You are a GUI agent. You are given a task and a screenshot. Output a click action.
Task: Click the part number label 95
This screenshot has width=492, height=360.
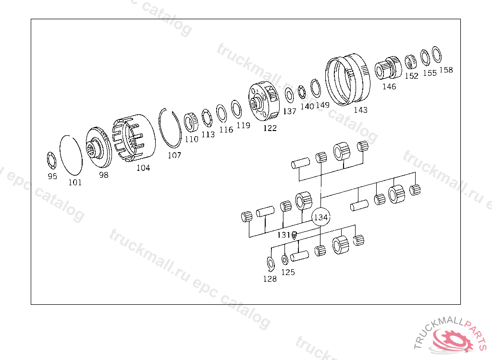tap(52, 176)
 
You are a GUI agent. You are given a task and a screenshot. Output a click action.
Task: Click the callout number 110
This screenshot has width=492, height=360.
tap(191, 139)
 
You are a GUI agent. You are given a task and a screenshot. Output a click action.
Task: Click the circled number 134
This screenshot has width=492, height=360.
tap(320, 217)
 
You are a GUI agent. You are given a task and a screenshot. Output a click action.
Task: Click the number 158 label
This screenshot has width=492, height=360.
tap(446, 70)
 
